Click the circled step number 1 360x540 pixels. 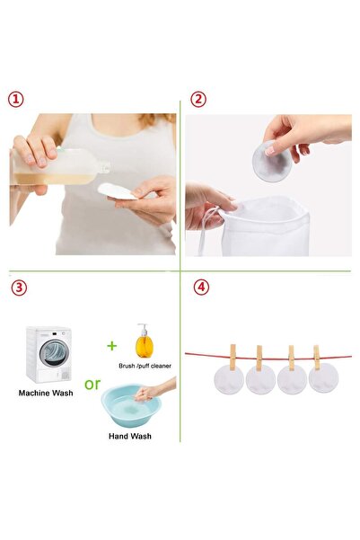[16, 100]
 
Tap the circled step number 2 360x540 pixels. [198, 100]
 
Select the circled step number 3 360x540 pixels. [19, 288]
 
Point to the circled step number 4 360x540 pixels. [201, 288]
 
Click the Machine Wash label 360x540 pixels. [46, 393]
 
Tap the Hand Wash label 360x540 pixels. [130, 436]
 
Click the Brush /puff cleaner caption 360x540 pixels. [145, 366]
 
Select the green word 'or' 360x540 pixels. [92, 384]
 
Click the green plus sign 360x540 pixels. [112, 345]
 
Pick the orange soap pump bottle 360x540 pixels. [145, 341]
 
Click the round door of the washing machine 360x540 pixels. [55, 353]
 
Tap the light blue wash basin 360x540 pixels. [131, 406]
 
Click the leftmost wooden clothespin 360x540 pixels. [233, 357]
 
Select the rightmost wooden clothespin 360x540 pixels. [316, 358]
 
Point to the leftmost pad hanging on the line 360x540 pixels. [229, 379]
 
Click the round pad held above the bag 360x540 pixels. [272, 161]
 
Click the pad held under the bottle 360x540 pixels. [118, 191]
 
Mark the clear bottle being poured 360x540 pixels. [59, 167]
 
